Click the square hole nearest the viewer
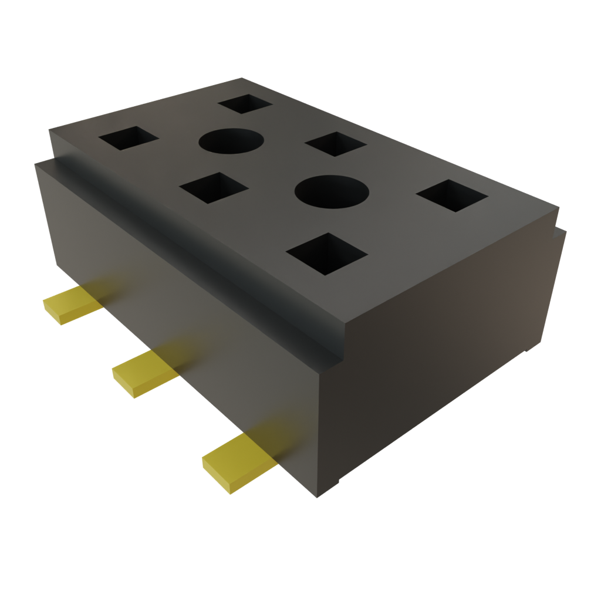(x=326, y=254)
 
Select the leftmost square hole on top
(x=129, y=139)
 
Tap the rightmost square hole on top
(x=452, y=196)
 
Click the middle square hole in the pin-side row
(x=214, y=187)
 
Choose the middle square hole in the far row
(x=335, y=144)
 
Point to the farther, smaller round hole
(x=231, y=141)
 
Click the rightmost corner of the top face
(x=558, y=207)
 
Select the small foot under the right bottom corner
(x=529, y=352)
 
